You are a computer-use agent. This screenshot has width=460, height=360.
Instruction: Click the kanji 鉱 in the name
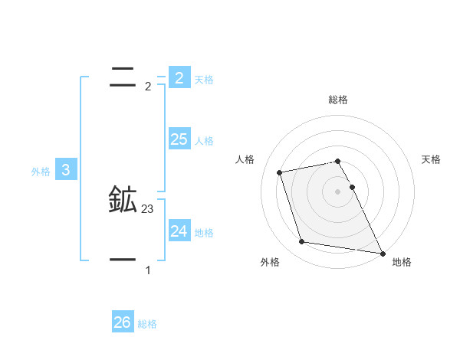123,200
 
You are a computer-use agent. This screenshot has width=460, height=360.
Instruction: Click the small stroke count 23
148,208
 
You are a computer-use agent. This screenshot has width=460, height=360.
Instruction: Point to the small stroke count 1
148,270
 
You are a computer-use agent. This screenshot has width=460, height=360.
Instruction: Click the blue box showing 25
179,139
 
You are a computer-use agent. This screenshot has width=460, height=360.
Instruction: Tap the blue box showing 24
179,231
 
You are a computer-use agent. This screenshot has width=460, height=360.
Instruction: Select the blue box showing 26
122,322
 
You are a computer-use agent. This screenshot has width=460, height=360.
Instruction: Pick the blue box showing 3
66,170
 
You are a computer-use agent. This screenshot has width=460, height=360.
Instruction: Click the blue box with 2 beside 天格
179,77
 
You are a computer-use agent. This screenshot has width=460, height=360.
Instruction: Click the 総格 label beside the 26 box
147,324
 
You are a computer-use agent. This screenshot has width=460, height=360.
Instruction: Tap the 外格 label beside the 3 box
41,172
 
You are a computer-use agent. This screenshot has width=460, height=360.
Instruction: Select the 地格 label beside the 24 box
204,233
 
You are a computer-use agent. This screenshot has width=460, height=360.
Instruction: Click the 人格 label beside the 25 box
204,141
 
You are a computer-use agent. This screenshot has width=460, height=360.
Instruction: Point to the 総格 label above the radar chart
338,100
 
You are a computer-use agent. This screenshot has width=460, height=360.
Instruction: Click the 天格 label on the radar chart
432,159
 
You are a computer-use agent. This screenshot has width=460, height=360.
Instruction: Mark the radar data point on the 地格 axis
382,252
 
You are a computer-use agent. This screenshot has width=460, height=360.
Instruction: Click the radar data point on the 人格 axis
279,172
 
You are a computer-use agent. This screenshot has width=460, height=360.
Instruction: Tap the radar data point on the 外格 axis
302,242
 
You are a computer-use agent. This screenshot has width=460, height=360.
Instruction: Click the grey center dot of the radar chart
338,191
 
